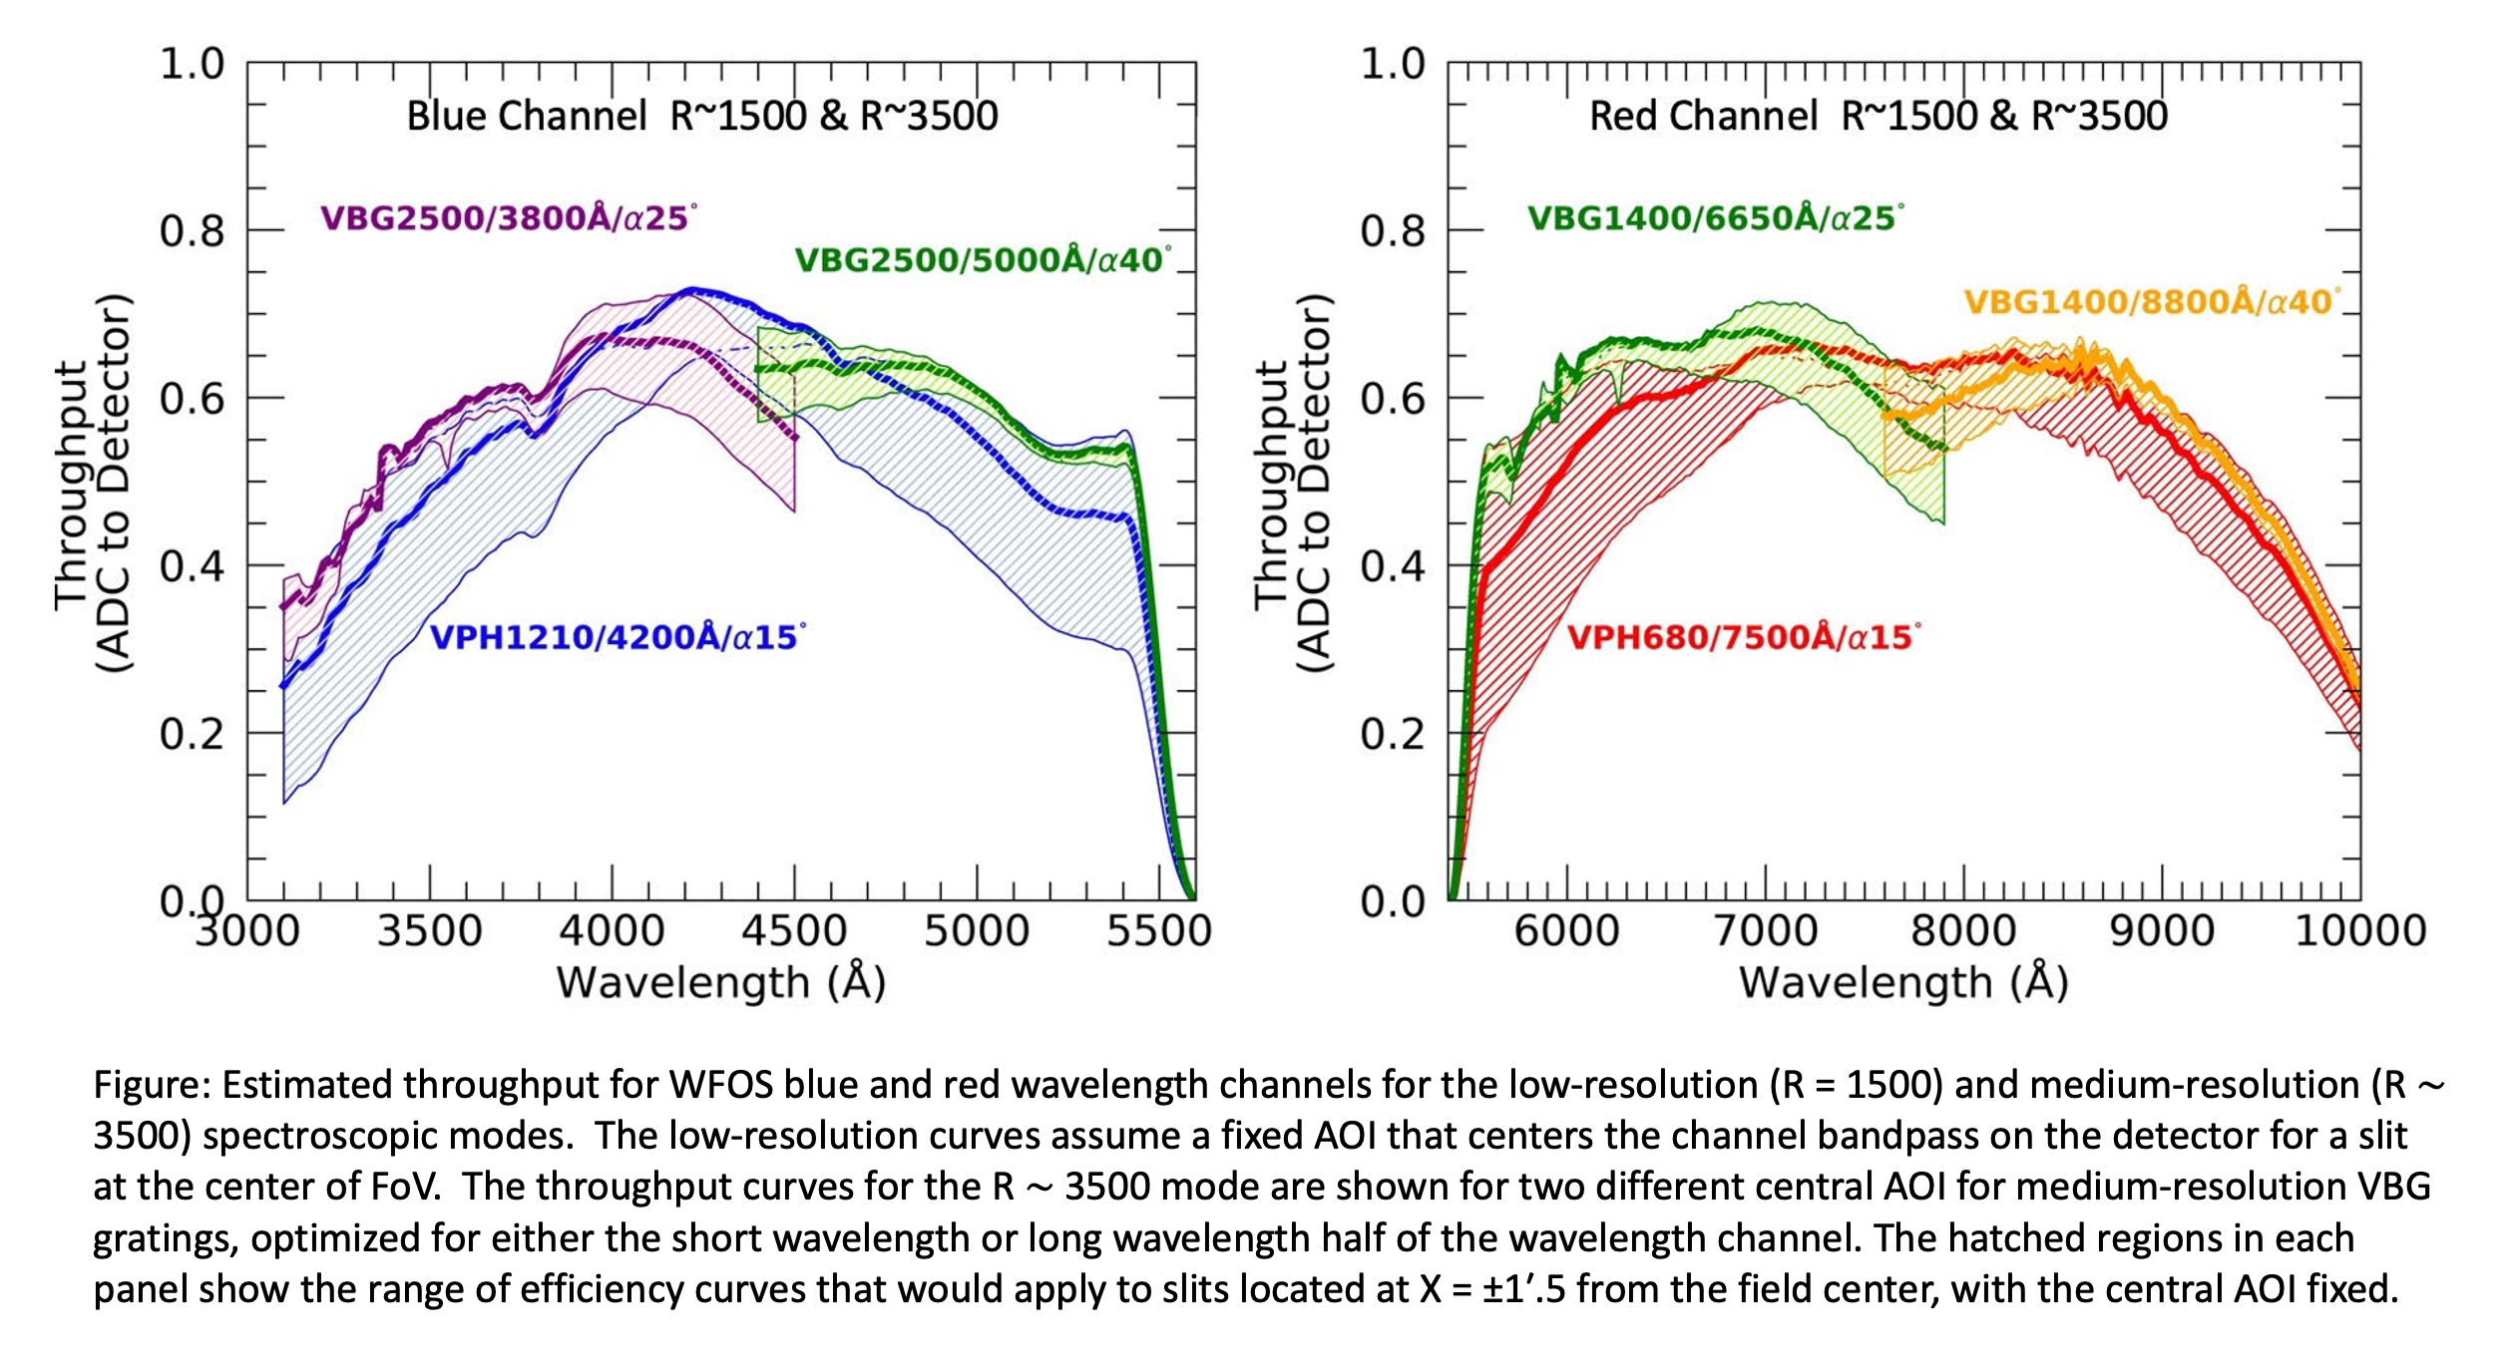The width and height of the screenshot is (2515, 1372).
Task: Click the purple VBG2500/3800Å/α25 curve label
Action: point(509,217)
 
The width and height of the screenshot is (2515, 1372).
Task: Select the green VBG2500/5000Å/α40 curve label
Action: point(983,259)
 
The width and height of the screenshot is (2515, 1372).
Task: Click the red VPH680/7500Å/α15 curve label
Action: point(1744,636)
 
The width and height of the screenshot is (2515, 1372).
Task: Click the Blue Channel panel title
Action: point(702,116)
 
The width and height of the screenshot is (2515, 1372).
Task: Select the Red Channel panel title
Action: point(1879,116)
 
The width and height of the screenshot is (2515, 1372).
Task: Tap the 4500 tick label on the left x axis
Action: point(794,930)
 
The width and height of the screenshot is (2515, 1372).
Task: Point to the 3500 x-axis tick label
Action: point(430,930)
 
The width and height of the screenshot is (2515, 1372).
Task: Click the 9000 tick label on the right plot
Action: point(2162,930)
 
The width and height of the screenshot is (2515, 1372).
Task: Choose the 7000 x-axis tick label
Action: point(1766,930)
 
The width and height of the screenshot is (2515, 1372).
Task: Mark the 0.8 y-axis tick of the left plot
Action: point(193,231)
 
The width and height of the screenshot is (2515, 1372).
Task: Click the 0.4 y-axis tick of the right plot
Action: point(1393,566)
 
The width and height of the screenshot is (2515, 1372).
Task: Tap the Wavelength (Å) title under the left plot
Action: point(721,982)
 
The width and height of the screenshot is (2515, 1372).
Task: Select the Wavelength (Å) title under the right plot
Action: point(1903,982)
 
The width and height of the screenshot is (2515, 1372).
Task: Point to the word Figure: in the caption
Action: point(152,1085)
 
